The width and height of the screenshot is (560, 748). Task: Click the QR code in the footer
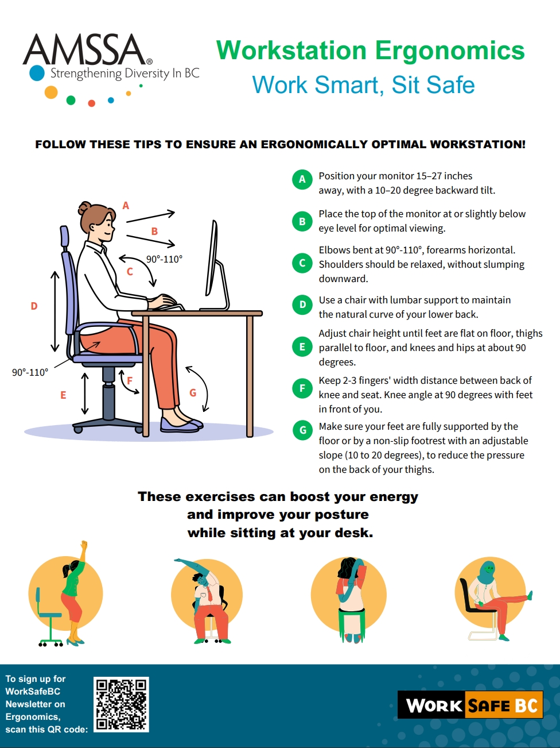click(121, 704)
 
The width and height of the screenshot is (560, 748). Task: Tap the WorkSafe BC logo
click(470, 705)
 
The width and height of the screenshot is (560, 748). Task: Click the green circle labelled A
click(302, 179)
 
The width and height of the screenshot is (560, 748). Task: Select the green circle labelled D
click(302, 304)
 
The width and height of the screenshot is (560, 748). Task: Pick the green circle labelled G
click(302, 430)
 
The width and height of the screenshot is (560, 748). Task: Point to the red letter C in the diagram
click(130, 272)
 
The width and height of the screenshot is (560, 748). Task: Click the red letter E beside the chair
click(63, 395)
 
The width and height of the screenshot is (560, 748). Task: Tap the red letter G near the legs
click(193, 393)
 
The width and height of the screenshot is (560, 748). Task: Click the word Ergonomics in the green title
click(450, 51)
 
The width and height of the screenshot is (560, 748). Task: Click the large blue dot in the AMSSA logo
click(37, 74)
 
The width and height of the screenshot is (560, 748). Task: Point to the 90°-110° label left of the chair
click(30, 372)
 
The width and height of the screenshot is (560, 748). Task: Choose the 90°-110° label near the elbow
click(164, 259)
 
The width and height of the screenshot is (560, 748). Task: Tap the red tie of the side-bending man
click(210, 594)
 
